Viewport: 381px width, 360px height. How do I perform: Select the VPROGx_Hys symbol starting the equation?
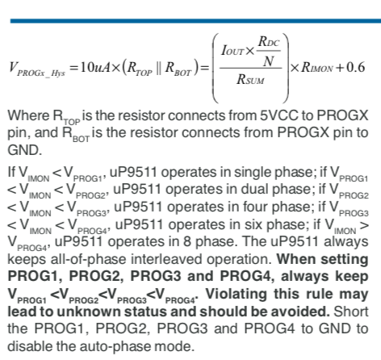coord(37,69)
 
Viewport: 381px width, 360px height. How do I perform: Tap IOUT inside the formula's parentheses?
coord(232,51)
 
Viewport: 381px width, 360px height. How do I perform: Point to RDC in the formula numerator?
coord(269,41)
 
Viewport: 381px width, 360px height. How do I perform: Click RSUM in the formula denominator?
coord(250,79)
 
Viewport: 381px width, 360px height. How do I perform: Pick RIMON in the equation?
coord(316,67)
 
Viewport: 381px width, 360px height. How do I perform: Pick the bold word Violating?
coord(236,294)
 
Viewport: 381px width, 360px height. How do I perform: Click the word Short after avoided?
coord(351,312)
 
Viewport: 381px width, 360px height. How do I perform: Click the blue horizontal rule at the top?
coord(195,21)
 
